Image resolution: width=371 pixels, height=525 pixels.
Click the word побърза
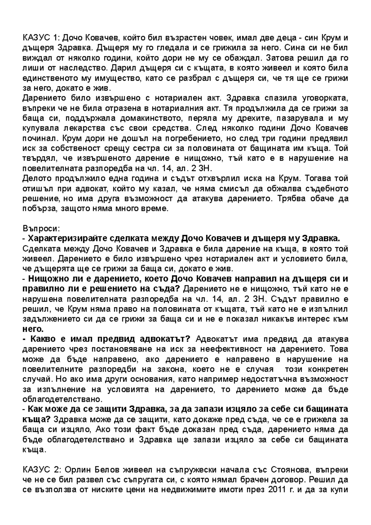39,209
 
